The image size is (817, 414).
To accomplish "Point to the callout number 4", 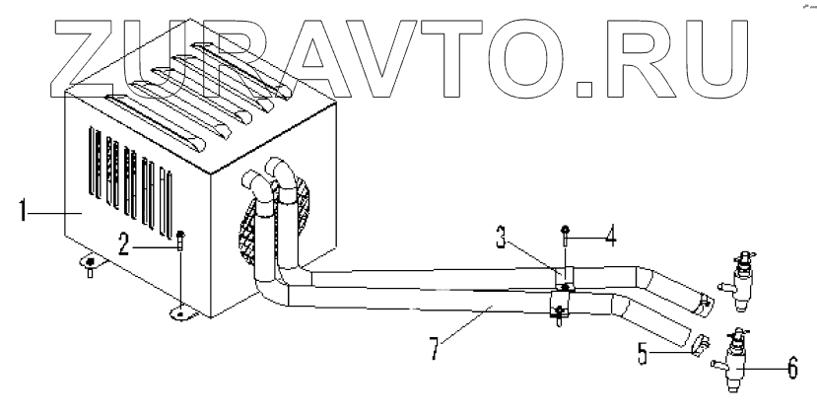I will [x=613, y=236].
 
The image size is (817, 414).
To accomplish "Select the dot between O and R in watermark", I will [x=582, y=90].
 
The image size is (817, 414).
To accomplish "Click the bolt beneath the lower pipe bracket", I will [x=558, y=317].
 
